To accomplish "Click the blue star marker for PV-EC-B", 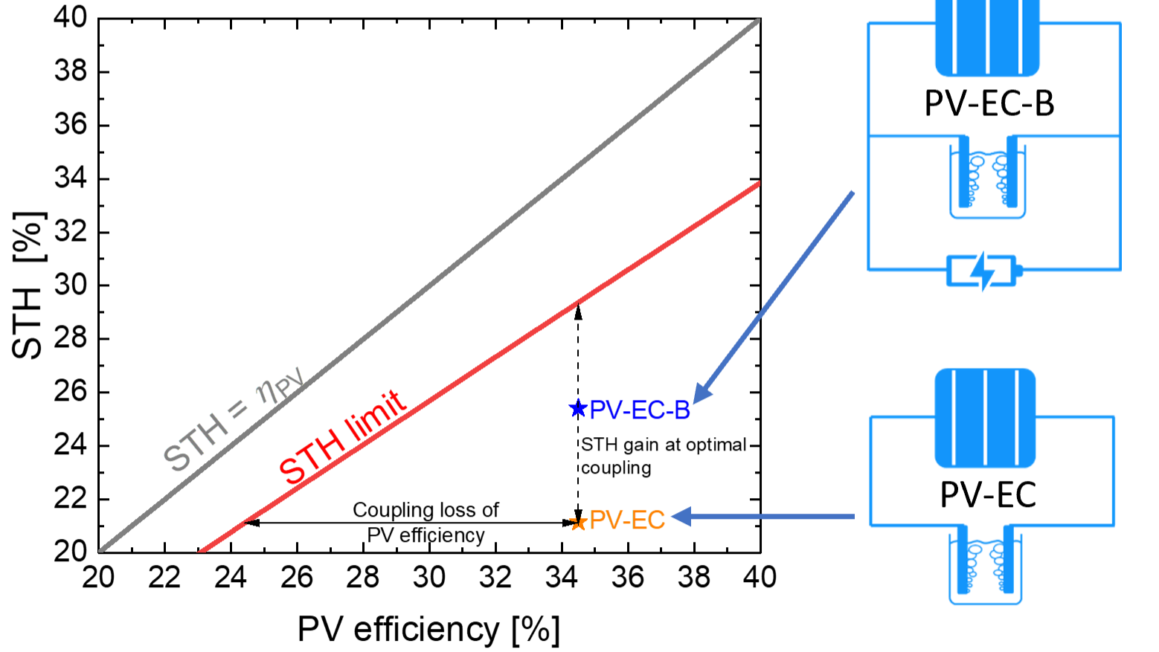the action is coord(578,408).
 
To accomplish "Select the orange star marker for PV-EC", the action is coord(578,522).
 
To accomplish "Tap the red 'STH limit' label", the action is coord(342,437).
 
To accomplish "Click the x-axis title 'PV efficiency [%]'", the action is coord(428,629).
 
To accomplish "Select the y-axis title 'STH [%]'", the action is coord(28,285).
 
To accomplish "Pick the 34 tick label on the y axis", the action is coord(71,179).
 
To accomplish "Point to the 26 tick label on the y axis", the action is coord(71,392).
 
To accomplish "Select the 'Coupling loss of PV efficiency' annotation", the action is coord(426,522).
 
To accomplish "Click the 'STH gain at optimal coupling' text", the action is coord(664,456).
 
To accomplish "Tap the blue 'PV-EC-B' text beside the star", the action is coord(640,410).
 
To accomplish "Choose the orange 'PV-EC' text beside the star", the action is coord(627,520).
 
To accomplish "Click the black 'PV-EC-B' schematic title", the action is coord(989,103).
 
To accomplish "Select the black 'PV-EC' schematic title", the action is coord(988,495).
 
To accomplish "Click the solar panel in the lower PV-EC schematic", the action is coord(985,418).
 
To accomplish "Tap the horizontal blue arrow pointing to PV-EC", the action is coord(762,516).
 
